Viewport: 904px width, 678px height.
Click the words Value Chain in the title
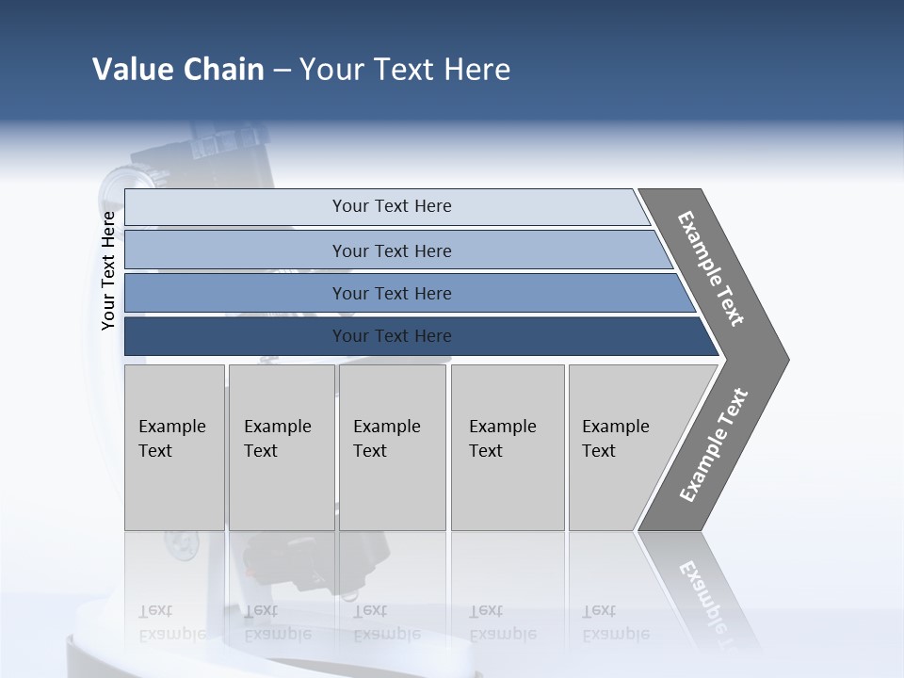(178, 70)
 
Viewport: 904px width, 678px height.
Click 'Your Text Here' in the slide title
(405, 70)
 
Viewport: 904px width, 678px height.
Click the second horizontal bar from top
(235, 250)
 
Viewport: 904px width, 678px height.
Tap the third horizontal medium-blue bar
(235, 293)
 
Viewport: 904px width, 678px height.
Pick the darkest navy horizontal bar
(235, 336)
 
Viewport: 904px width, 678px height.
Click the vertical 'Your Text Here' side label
(108, 270)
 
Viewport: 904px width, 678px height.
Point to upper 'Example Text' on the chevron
(711, 268)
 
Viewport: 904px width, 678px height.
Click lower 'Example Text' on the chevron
(714, 445)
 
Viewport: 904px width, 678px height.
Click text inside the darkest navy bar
(392, 336)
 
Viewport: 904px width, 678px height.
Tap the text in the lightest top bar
(392, 206)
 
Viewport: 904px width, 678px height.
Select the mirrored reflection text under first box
(171, 622)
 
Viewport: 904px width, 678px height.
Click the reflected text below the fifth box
(615, 622)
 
